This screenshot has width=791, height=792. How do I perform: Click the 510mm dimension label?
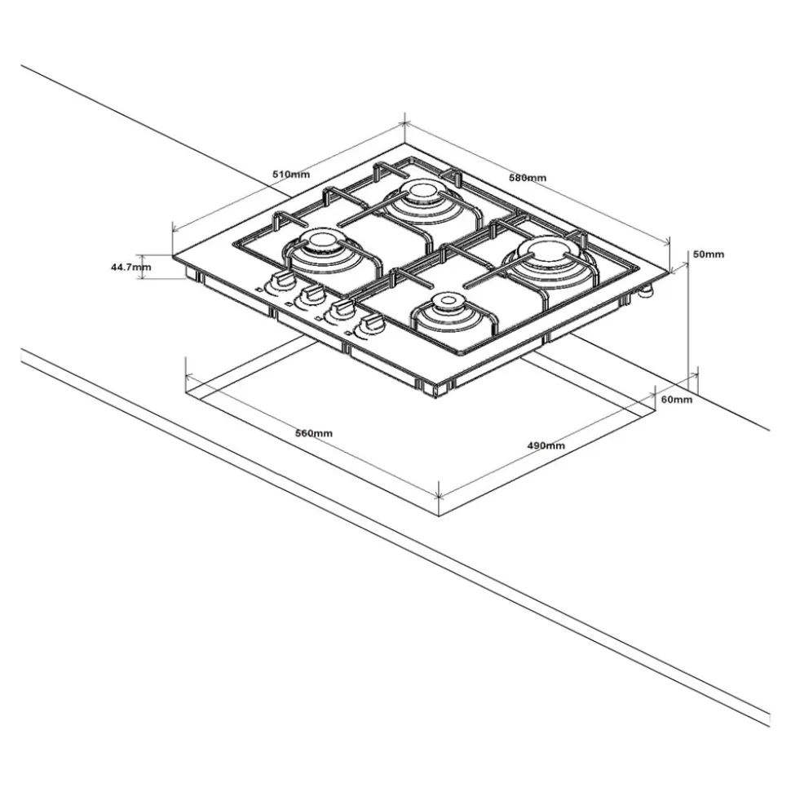(291, 175)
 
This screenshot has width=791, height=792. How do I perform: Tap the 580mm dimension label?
(528, 178)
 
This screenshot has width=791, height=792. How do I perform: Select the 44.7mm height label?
(130, 268)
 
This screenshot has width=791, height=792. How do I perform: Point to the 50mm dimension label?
(708, 254)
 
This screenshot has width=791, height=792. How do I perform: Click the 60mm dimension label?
(677, 400)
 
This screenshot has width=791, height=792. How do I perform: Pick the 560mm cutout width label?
(314, 433)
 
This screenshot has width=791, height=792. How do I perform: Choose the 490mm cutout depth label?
(546, 445)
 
